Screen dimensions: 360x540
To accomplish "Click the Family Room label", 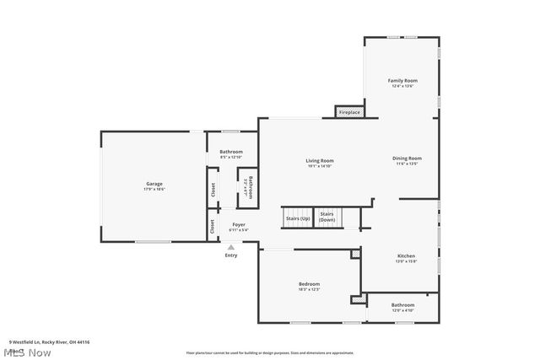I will (403, 81).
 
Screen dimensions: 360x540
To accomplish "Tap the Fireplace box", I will (349, 112).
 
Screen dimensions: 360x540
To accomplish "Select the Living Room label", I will (320, 160).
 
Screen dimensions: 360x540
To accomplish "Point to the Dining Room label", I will (407, 159).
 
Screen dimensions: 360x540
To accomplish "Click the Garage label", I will (154, 183).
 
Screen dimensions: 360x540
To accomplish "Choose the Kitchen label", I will (406, 255).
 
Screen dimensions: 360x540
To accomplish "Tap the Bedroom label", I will (309, 284).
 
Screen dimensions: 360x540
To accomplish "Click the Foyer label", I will (240, 224).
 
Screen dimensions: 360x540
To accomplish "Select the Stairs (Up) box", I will (298, 218).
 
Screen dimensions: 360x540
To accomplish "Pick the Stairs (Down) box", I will (327, 218).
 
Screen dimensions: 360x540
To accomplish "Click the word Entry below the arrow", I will (230, 255).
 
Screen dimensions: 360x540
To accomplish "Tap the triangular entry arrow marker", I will (230, 246).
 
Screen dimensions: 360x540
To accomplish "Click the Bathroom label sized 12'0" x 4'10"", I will (402, 305).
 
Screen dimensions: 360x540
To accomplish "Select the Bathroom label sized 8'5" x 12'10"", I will (231, 152).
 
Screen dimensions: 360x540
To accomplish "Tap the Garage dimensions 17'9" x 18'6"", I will (154, 189).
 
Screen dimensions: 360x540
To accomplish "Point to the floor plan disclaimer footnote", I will (269, 352).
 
